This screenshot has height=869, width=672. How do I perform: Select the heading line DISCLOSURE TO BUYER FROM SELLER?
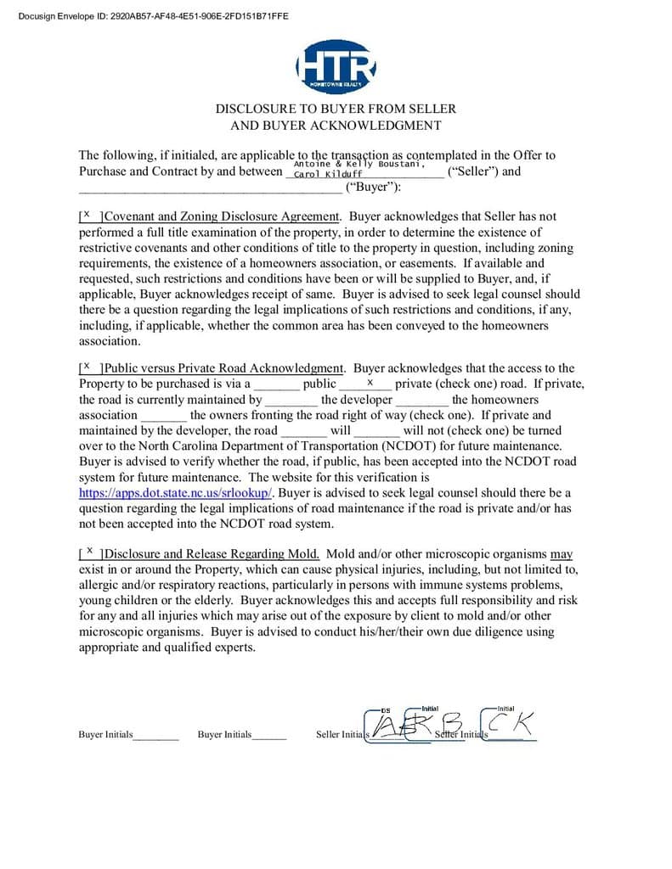coord(336,109)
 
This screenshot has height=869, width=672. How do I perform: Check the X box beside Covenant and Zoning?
coord(87,216)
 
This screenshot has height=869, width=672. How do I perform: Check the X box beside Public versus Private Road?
coord(87,367)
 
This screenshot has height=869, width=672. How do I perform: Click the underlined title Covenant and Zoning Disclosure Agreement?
coord(223,216)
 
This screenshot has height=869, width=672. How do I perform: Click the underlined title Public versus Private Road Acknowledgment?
coord(225,368)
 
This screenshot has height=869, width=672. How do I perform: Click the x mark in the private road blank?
coord(370,383)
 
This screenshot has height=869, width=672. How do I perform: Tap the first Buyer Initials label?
coord(105,735)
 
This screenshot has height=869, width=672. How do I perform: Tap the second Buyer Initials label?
coord(224,735)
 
